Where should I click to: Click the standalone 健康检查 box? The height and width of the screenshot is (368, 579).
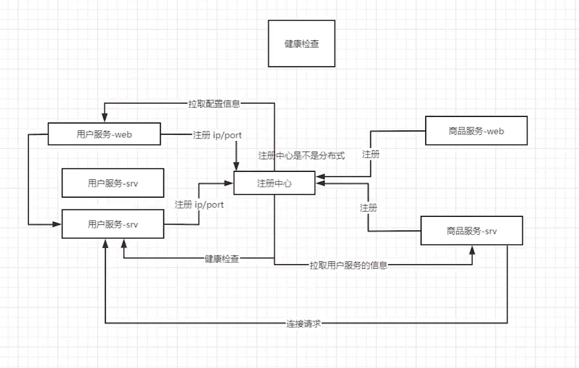(x=301, y=43)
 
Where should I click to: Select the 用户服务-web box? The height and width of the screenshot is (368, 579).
(x=104, y=134)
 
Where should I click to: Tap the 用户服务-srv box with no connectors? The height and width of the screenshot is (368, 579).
(x=113, y=183)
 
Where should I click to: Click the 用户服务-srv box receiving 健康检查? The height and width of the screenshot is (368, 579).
(x=113, y=224)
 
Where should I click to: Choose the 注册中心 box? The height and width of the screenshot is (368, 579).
(x=274, y=183)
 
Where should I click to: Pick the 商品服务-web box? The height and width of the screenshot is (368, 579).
(x=476, y=130)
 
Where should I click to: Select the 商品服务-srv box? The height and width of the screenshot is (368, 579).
(x=471, y=230)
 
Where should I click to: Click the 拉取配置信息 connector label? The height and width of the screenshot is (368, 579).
(x=214, y=104)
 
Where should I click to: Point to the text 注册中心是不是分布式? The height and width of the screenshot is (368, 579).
(x=302, y=156)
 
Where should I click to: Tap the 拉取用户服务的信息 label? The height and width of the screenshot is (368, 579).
(x=348, y=265)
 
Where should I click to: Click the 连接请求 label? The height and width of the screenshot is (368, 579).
(x=304, y=323)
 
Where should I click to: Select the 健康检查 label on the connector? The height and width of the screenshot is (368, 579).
(x=222, y=259)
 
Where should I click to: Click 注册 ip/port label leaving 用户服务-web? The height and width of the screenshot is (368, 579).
(x=217, y=135)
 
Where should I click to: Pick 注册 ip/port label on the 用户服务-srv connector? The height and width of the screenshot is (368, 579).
(x=199, y=205)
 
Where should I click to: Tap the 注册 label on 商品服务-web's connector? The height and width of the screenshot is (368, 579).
(x=371, y=154)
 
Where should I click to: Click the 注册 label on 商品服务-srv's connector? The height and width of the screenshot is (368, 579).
(x=368, y=207)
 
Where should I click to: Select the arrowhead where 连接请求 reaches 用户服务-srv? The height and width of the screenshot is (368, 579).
(x=105, y=242)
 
